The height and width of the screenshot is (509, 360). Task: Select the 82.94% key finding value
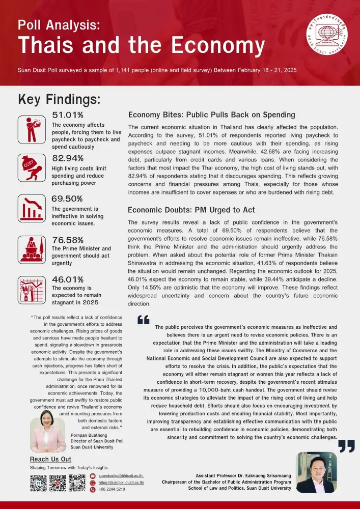(68, 158)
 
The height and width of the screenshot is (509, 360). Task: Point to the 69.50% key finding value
(68, 199)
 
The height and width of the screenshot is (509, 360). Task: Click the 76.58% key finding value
(68, 240)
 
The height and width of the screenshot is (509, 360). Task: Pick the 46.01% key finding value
(68, 279)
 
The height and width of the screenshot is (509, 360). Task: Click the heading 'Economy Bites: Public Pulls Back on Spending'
(211, 115)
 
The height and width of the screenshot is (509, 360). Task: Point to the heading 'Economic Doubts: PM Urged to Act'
(191, 210)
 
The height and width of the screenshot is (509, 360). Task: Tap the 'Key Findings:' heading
(59, 99)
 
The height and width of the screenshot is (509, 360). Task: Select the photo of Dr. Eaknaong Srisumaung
(316, 472)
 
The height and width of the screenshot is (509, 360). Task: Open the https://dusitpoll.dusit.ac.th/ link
(121, 482)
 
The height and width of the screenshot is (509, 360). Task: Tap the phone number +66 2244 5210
(112, 489)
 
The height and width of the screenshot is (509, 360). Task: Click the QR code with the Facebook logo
(39, 483)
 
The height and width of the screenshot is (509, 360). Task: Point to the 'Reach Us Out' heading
(50, 460)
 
